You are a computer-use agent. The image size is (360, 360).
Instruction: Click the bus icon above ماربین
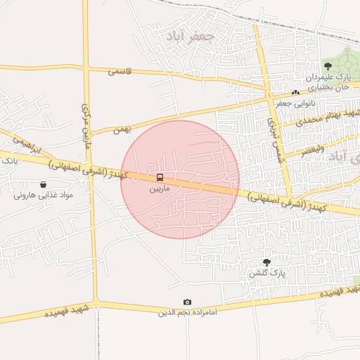[160, 178]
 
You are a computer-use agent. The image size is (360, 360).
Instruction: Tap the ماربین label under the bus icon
[160, 189]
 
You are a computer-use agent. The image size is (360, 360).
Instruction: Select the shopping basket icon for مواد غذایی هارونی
[44, 184]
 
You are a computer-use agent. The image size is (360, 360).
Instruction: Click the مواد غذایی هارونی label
[44, 195]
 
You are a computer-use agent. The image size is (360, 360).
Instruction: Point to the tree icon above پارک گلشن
[266, 262]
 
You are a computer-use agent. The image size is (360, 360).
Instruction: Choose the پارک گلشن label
[266, 273]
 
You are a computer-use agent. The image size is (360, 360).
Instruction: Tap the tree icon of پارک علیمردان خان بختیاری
[328, 65]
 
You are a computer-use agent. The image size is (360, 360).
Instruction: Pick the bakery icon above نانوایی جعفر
[295, 93]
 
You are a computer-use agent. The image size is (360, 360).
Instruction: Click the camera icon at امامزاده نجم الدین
[187, 302]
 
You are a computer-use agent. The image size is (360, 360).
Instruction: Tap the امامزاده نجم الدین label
[187, 313]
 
